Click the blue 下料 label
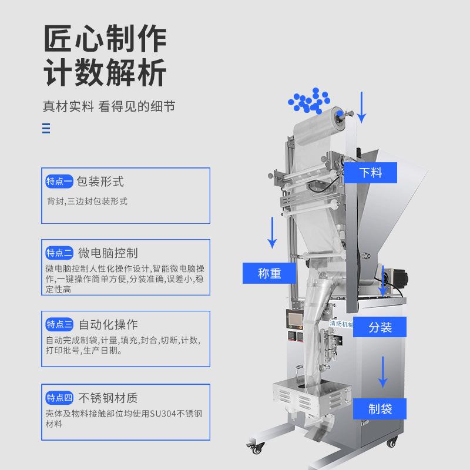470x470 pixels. [x=371, y=173]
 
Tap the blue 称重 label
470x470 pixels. [x=270, y=273]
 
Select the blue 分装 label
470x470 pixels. [x=380, y=327]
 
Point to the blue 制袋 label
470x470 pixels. [x=380, y=408]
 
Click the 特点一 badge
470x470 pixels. [x=59, y=182]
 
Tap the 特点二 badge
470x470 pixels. [x=59, y=253]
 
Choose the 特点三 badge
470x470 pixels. [x=59, y=324]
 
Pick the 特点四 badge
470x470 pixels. [x=59, y=398]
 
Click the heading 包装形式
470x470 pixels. [x=100, y=182]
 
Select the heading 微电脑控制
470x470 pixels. [x=108, y=253]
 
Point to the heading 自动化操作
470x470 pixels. [x=108, y=324]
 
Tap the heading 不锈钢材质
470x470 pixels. [x=108, y=398]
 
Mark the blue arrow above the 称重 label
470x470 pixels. [x=272, y=232]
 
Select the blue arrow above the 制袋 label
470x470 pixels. [x=383, y=371]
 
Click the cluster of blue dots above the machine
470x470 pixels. [x=307, y=101]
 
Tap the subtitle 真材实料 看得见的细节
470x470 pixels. [x=109, y=107]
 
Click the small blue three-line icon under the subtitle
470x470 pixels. [x=46, y=129]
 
